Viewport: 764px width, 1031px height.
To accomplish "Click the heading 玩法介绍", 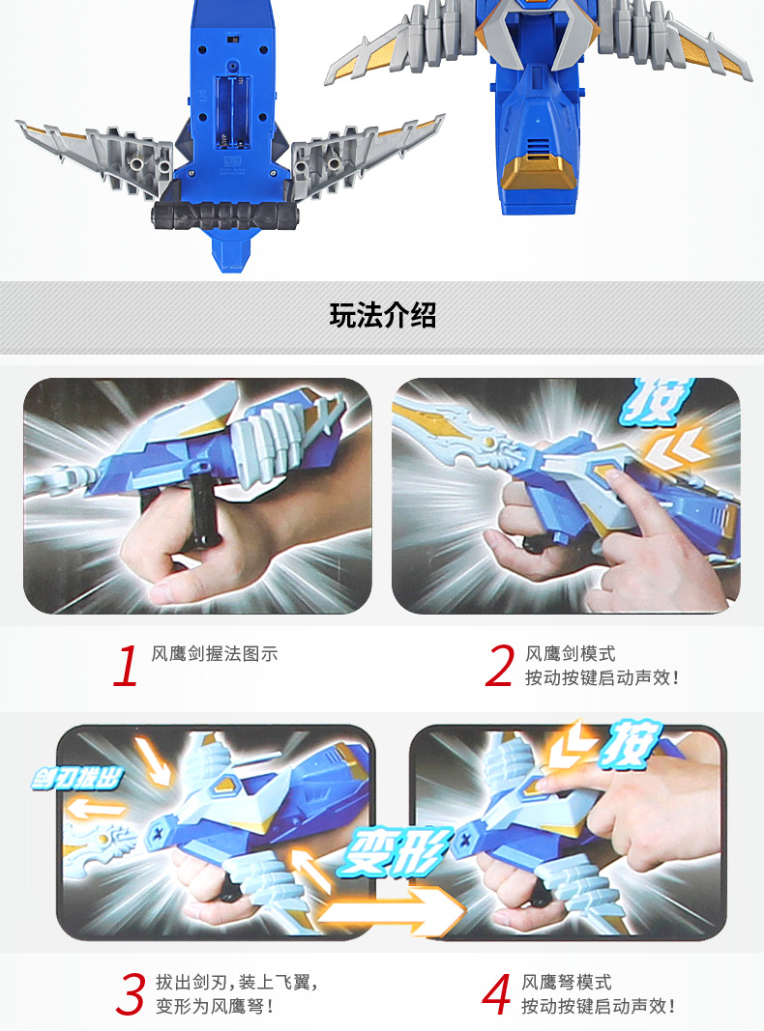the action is coord(382,316).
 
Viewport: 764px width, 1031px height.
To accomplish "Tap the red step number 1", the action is coord(126,666).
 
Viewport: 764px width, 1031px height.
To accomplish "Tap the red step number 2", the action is coord(499,666).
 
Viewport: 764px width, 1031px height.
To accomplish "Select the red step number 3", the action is coord(131,994).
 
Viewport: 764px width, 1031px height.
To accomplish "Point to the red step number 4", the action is coord(497,994).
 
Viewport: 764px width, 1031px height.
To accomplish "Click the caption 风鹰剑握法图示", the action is coord(215,653).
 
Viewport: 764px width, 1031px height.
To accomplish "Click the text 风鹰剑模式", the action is coord(570,653).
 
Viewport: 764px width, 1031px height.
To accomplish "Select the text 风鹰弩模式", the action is coord(567,983).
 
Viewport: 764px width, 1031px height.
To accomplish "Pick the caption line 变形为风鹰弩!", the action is coord(215,1006).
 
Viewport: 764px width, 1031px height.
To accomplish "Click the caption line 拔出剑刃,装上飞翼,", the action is coord(237,983).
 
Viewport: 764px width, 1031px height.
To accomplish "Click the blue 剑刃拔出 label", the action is coord(77,779).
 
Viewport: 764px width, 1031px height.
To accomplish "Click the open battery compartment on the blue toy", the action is coord(232,110).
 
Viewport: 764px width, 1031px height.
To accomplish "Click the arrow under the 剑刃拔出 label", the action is coord(96,808).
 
